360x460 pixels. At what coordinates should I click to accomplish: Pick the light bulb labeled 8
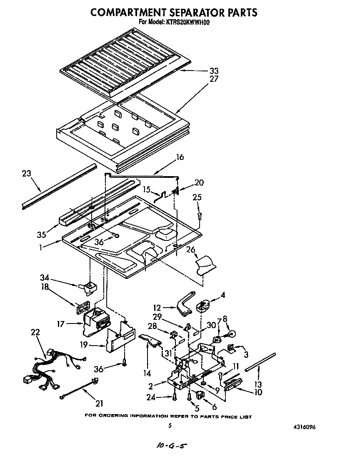tap(232, 334)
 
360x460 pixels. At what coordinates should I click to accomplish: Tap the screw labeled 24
tap(175, 396)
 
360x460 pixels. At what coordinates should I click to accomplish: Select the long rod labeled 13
tap(260, 361)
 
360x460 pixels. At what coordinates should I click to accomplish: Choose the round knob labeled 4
tap(205, 306)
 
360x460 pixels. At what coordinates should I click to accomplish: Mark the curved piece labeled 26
tap(206, 265)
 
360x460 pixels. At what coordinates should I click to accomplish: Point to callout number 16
tap(180, 157)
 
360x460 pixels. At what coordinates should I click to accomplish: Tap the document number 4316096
tap(306, 427)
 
